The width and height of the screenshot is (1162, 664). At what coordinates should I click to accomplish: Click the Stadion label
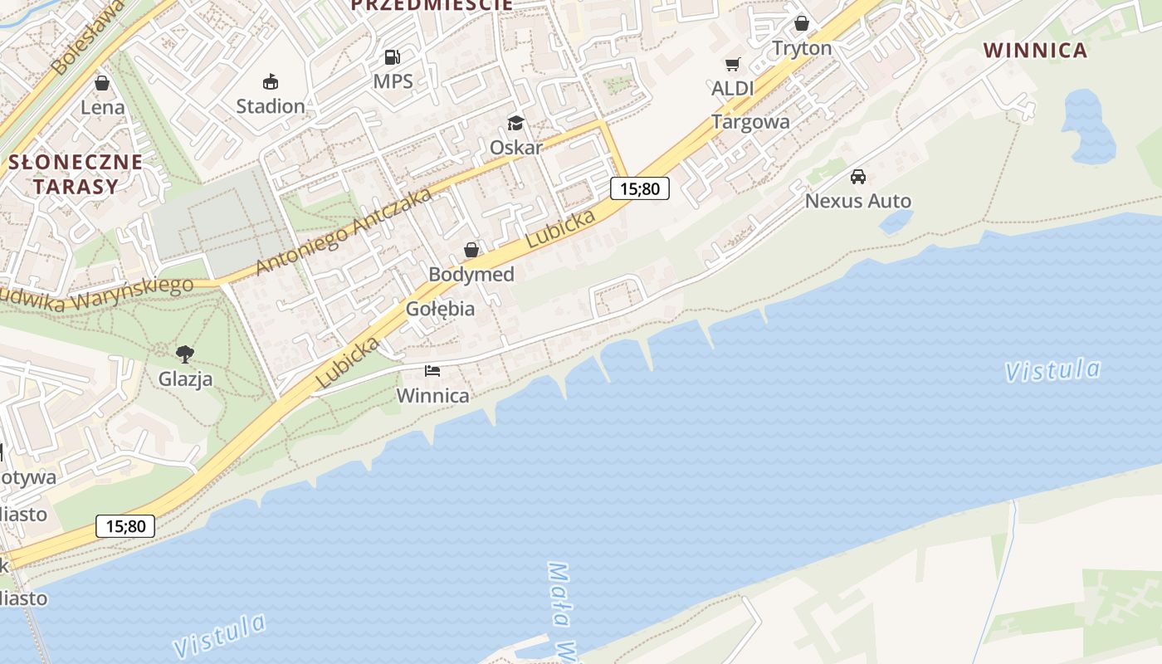[271, 106]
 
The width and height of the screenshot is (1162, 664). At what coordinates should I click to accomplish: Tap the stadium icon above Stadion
[271, 81]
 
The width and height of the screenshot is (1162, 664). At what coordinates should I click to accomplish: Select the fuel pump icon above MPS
[393, 57]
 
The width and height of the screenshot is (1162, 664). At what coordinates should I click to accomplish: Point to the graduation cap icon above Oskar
[515, 124]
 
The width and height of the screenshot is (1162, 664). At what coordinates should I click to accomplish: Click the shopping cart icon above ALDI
[733, 64]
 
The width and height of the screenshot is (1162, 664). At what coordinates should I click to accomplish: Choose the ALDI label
[733, 88]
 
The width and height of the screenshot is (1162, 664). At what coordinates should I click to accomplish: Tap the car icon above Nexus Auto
[858, 176]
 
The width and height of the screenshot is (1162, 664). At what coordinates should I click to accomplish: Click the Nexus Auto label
[858, 201]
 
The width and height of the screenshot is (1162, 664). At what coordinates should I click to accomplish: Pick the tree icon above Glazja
[185, 354]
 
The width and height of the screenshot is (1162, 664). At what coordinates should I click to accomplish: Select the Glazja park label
[185, 379]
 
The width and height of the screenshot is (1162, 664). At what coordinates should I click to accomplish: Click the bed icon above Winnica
[432, 370]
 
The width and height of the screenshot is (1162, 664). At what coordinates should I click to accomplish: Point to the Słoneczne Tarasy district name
[76, 174]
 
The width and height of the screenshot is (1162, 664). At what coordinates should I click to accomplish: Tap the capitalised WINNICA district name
[1035, 51]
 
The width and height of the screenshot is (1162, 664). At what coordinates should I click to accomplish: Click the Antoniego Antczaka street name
[344, 232]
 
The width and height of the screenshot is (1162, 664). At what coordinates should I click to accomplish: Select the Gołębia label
[441, 309]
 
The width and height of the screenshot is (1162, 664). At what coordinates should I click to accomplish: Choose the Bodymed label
[471, 274]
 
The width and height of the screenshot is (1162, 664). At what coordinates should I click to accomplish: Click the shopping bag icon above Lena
[102, 83]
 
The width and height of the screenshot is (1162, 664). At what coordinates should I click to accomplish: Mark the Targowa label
[750, 122]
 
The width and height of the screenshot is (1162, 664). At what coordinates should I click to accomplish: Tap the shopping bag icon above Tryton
[802, 23]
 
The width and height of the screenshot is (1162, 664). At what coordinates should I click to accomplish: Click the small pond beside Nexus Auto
[896, 221]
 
